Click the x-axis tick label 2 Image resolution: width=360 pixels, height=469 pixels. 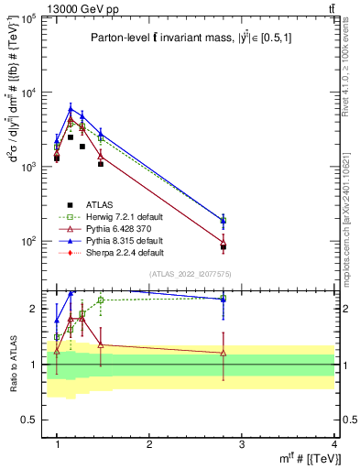tap(149, 443)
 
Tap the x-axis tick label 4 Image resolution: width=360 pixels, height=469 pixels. tap(334, 443)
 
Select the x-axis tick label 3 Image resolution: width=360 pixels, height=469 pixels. tap(242, 443)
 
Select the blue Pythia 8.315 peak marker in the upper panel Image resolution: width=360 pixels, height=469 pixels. tap(71, 108)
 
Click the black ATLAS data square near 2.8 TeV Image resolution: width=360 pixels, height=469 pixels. tap(224, 247)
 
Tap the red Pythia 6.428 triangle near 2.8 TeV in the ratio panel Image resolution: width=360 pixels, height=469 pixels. tap(224, 353)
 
